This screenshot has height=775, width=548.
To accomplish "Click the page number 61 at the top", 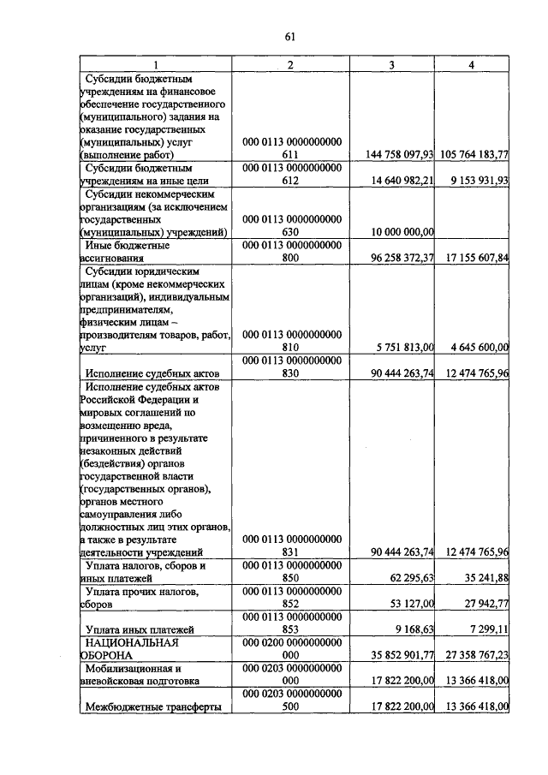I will (289, 36).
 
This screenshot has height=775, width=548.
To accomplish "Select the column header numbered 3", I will (392, 65).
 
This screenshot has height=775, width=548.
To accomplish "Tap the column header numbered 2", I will (291, 65).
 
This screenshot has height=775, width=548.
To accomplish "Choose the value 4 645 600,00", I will (479, 347).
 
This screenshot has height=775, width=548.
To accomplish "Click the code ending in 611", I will (291, 148).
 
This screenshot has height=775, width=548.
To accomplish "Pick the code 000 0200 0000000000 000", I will (291, 648).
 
